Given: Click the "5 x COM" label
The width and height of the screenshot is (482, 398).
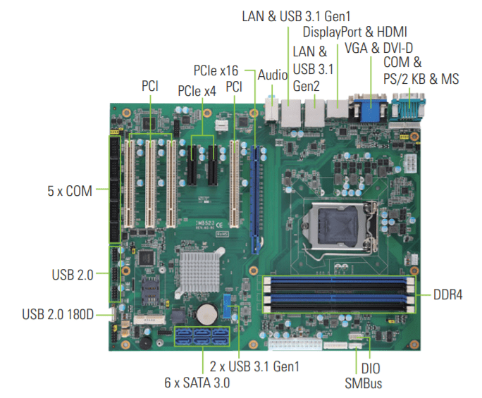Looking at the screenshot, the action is click(x=70, y=191).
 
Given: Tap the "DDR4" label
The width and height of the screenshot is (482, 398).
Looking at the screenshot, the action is click(x=447, y=294).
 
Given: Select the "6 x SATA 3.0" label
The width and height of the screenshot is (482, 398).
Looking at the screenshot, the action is click(x=197, y=383).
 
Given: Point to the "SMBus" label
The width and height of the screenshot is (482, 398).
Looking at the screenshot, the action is click(x=364, y=383).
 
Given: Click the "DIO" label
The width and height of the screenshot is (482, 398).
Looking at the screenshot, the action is click(x=371, y=368).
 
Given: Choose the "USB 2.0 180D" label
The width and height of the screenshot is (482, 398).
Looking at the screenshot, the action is click(x=58, y=314).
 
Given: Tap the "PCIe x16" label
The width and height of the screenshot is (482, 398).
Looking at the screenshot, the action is click(x=216, y=70).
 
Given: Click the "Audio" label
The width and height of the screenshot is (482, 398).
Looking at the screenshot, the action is click(x=272, y=75).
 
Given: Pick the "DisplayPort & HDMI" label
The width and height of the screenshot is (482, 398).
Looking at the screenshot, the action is click(x=354, y=32).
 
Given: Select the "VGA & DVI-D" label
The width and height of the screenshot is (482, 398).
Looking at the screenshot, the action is click(x=378, y=48).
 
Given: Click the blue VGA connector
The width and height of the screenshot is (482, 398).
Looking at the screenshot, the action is click(x=368, y=108).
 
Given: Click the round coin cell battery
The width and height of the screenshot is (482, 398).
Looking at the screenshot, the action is click(x=207, y=314).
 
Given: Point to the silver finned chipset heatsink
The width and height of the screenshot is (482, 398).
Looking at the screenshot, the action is click(x=199, y=273).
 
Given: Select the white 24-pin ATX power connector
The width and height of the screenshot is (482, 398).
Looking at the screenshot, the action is click(x=295, y=344).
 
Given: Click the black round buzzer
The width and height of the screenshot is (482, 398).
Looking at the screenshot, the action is click(x=145, y=343).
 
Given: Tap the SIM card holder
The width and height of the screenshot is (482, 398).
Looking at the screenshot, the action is click(x=149, y=290).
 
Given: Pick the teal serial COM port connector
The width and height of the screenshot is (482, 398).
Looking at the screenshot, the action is click(x=408, y=107).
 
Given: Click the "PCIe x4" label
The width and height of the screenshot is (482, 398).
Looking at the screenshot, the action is click(x=197, y=91).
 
